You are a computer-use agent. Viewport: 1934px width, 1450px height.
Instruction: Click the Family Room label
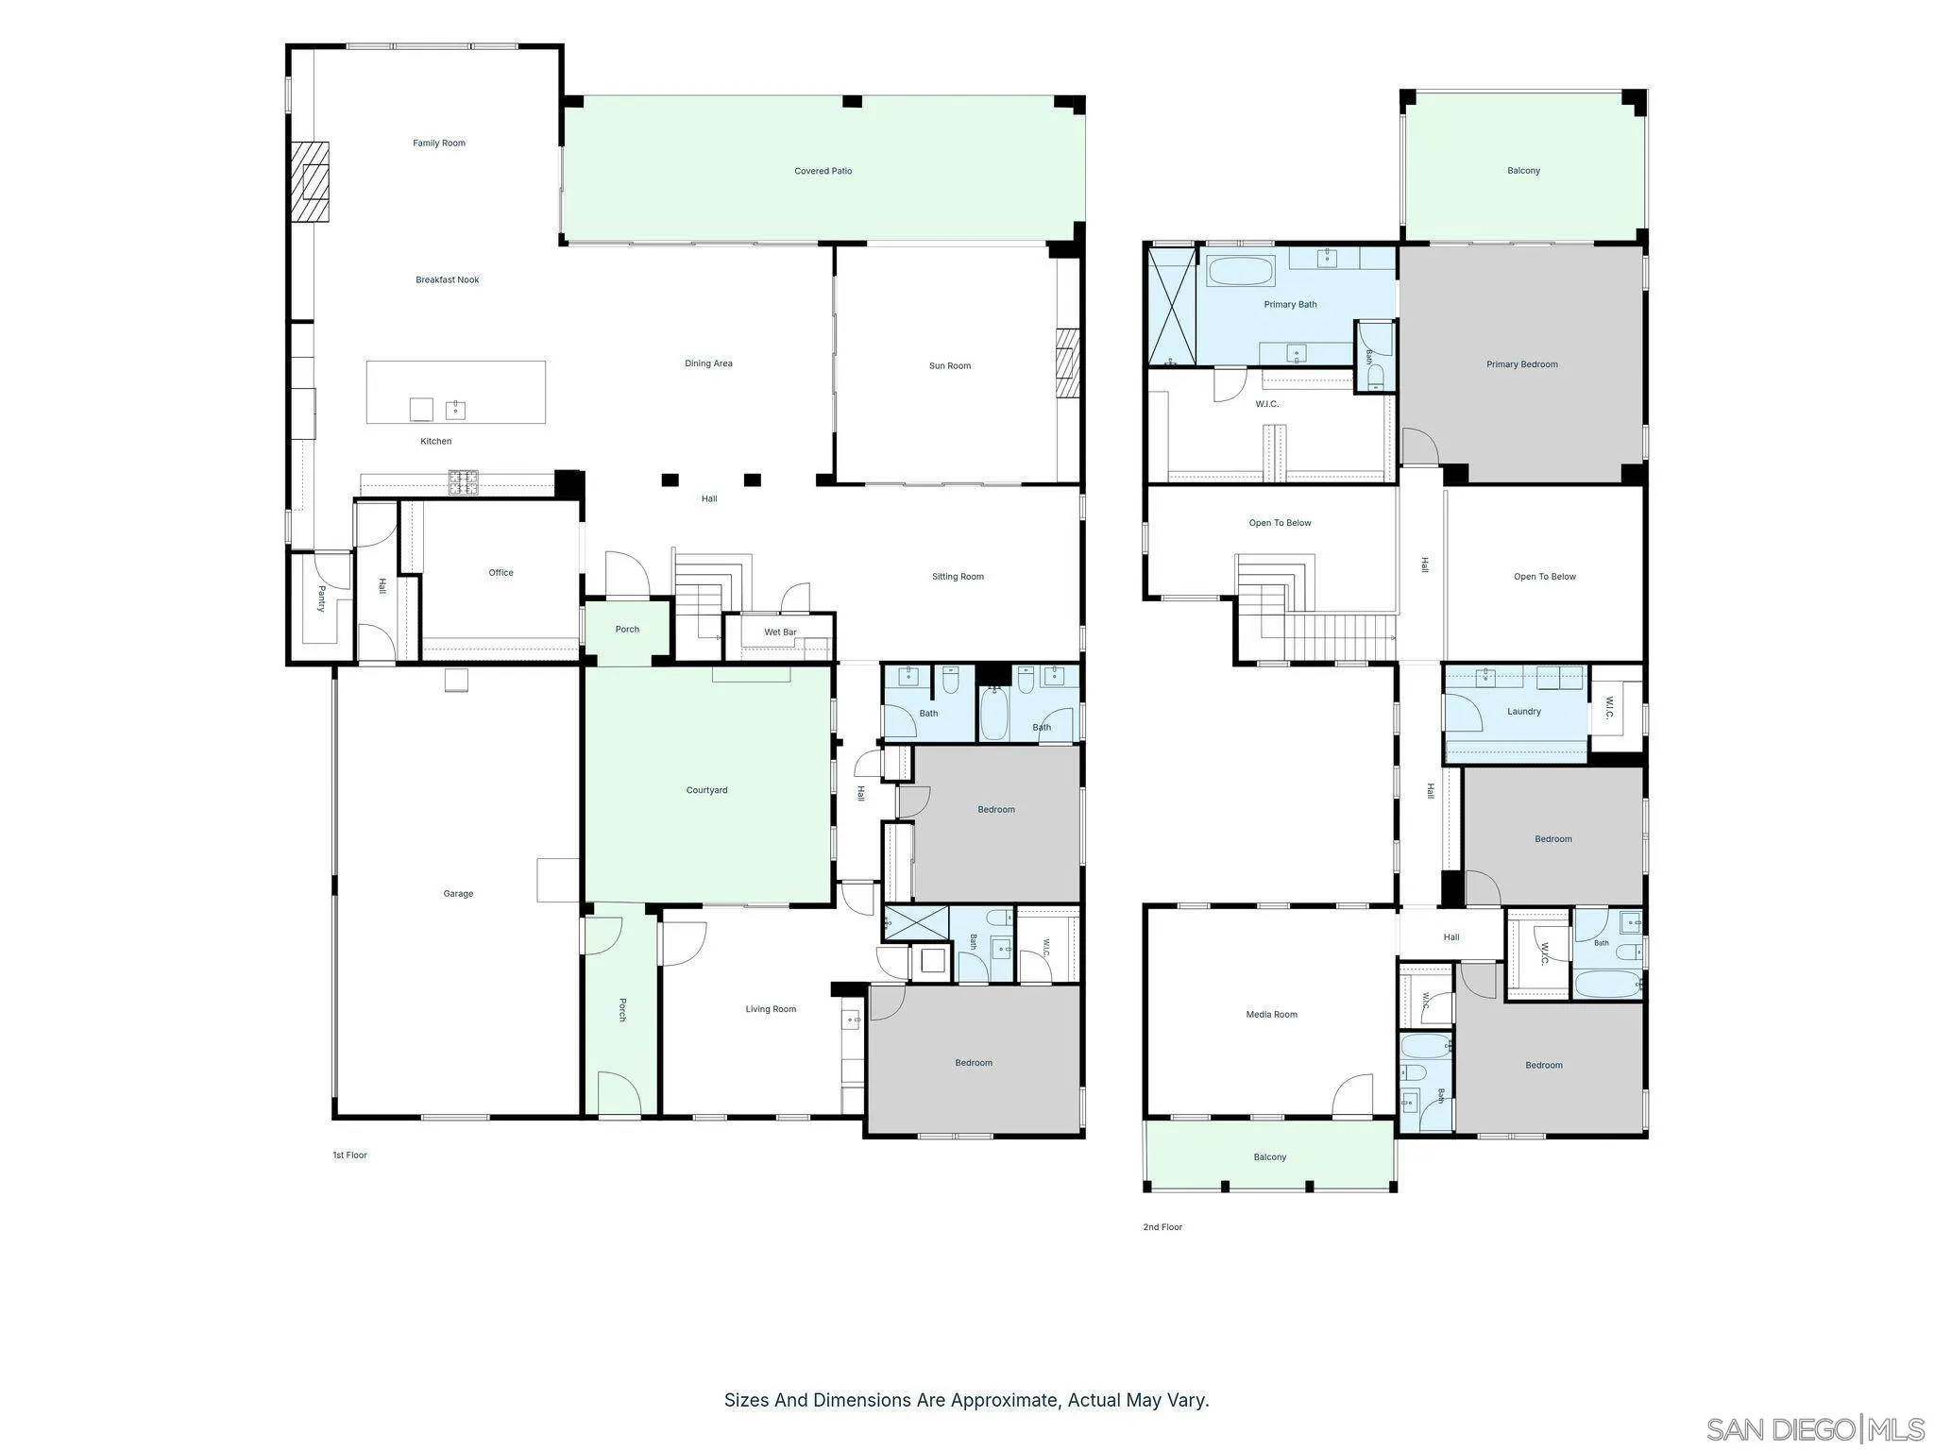coord(439,143)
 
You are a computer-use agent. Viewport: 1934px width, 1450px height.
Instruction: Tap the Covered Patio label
coord(823,171)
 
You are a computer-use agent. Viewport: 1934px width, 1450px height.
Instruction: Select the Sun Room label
coord(950,365)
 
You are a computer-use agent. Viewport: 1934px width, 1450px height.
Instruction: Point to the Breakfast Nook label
coord(448,279)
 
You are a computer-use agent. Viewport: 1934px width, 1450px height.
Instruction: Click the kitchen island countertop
coord(456,392)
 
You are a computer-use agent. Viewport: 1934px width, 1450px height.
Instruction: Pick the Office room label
coord(501,572)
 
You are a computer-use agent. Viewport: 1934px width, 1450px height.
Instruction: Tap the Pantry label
coord(321,599)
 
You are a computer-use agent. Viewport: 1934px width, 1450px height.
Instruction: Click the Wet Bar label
coord(781,632)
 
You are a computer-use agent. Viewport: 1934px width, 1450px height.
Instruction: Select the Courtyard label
coord(707,790)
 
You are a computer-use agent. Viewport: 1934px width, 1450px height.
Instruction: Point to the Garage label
coord(459,893)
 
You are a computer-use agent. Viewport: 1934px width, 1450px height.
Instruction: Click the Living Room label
coord(772,1009)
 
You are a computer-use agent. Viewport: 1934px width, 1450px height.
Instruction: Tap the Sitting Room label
coord(959,576)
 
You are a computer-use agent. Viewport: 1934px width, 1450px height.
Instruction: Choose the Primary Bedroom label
coord(1522,364)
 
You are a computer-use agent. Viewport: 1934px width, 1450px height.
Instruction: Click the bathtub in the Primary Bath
coord(1242,271)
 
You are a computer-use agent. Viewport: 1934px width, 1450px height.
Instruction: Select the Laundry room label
coord(1524,712)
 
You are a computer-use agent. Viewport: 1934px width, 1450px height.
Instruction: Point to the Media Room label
coord(1272,1015)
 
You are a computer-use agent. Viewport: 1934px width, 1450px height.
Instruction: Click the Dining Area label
coord(709,363)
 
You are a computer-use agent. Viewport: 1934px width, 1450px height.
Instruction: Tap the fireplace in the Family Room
coord(310,181)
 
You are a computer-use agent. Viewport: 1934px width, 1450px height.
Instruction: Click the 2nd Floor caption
coord(1162,1227)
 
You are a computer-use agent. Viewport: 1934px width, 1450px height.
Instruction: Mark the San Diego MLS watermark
coord(1816,1429)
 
